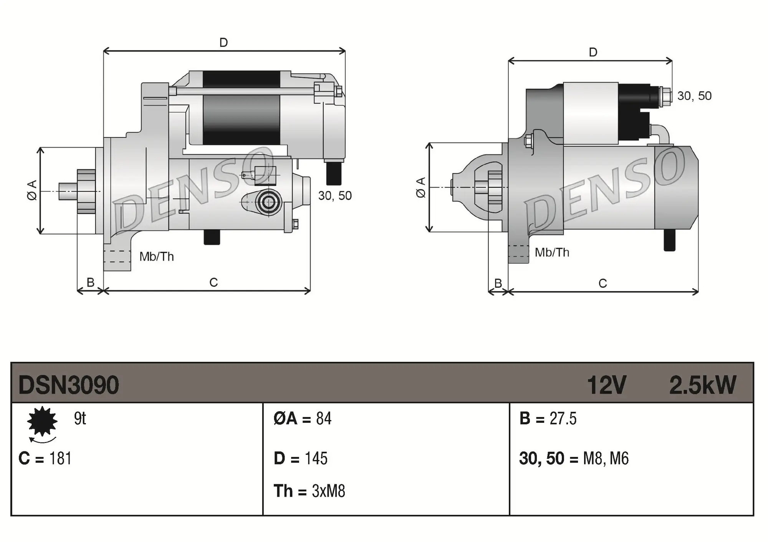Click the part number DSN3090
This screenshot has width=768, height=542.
tap(69, 385)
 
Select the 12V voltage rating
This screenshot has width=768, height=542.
tap(606, 385)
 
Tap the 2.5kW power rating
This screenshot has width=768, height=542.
tap(702, 385)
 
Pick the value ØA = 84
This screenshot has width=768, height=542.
tap(302, 419)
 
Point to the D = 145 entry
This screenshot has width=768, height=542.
tap(300, 459)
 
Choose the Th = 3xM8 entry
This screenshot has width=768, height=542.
tap(309, 491)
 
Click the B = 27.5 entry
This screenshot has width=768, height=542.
tap(548, 419)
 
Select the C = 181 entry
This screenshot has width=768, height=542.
tap(45, 459)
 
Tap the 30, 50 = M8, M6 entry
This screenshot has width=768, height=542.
tap(574, 459)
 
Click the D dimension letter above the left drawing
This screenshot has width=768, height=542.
tap(223, 42)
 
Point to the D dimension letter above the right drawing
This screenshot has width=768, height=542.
tap(593, 52)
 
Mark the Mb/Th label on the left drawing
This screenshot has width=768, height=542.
tap(156, 256)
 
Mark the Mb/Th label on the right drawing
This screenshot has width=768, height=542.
tap(552, 253)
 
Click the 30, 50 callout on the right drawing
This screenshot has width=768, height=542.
tap(694, 96)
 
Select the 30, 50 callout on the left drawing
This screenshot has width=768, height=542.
tap(335, 196)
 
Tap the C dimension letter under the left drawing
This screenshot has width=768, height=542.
tap(214, 283)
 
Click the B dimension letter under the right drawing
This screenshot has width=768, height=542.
tap(498, 283)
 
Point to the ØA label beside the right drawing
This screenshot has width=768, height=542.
tap(421, 187)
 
